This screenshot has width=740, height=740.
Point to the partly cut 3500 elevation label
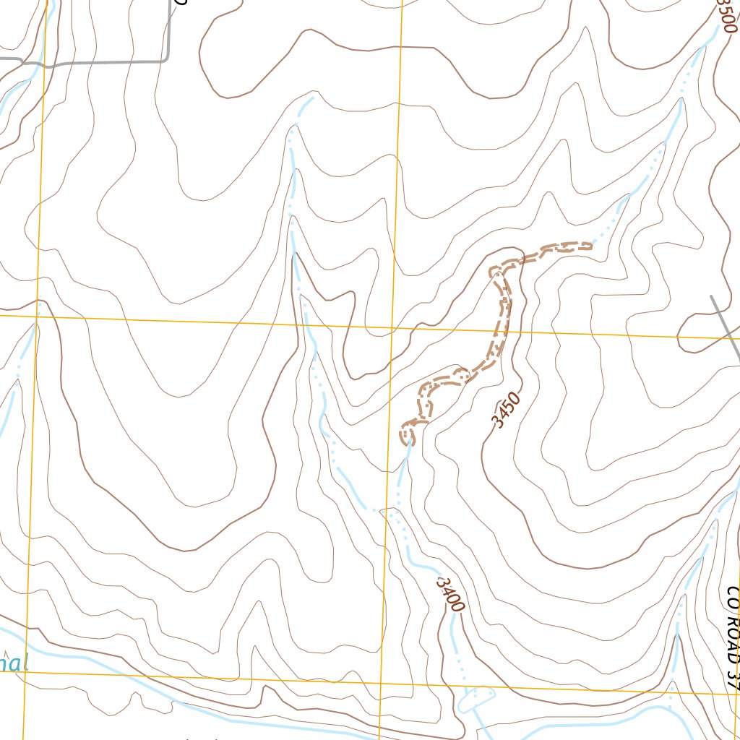(726, 16)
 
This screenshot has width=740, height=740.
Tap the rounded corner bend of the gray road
(166, 59)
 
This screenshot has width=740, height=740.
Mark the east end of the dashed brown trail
(591, 246)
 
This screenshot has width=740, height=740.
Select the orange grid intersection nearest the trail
(393, 326)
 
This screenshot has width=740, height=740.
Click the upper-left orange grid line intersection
(38, 315)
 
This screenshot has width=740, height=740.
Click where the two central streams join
(383, 510)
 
